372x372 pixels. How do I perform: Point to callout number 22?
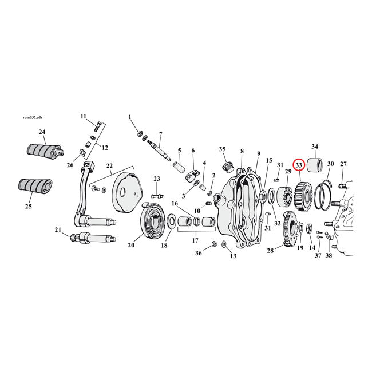(108, 166)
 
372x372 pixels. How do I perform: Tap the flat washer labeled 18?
(171, 234)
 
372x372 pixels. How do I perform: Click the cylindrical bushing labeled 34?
(314, 165)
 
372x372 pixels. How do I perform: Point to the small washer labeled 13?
(224, 246)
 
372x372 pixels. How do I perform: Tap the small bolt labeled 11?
(97, 126)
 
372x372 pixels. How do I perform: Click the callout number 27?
(343, 164)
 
